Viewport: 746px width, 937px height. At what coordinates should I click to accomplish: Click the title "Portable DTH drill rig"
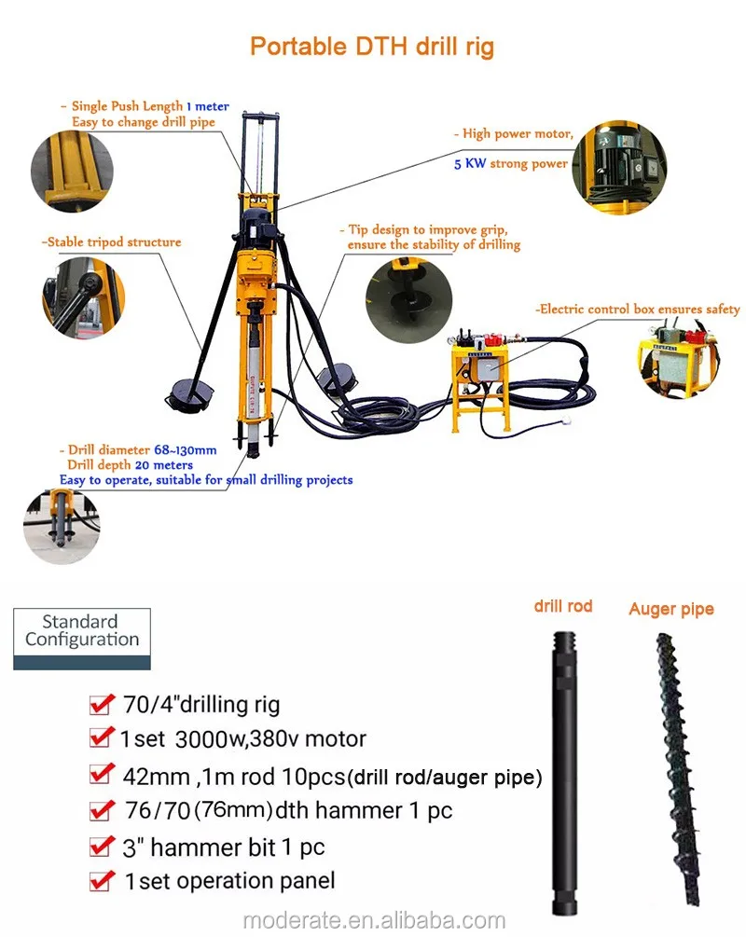tap(371, 47)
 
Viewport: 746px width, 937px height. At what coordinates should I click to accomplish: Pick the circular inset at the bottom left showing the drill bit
tap(62, 523)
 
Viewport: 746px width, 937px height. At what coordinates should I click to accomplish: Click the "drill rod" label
tap(562, 606)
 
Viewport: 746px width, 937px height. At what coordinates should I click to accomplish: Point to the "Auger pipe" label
tap(671, 610)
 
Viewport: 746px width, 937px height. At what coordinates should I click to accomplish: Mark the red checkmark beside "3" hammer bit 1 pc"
tap(101, 847)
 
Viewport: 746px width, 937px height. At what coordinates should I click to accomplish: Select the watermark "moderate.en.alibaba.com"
tap(373, 920)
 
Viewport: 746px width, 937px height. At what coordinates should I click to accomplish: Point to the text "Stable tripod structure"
tap(111, 242)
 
